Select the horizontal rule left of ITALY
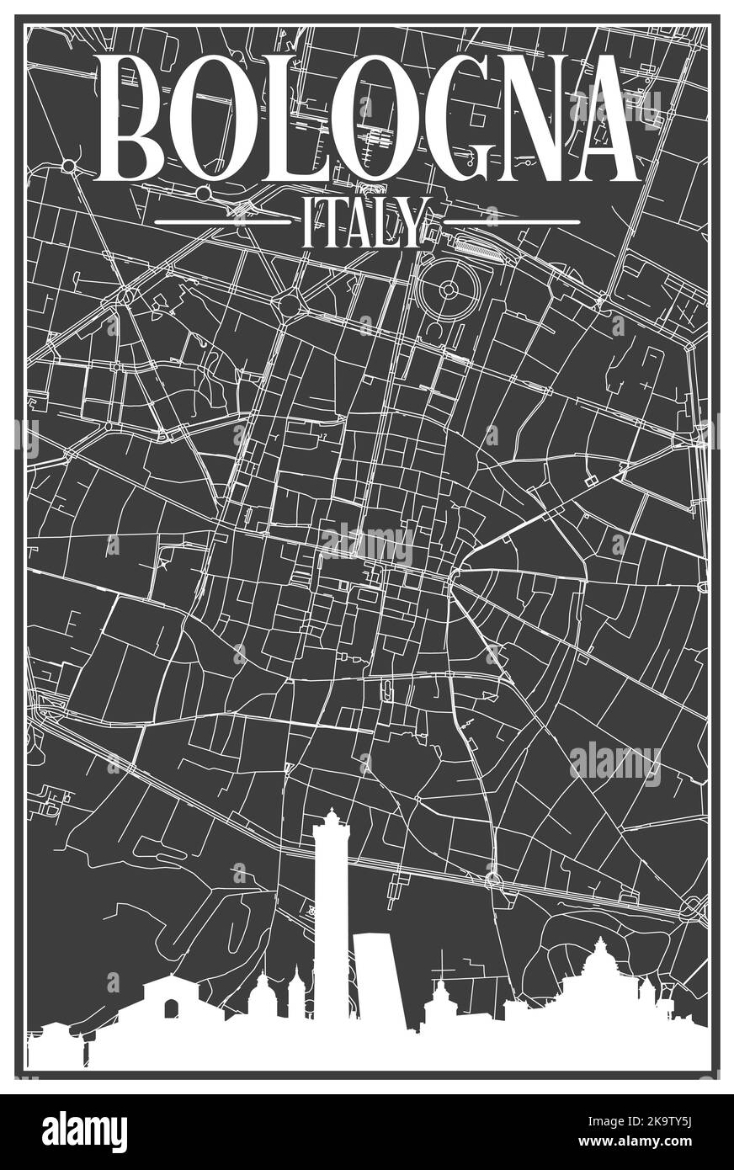222,222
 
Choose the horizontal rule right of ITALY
511,222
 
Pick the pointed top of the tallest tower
331,812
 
